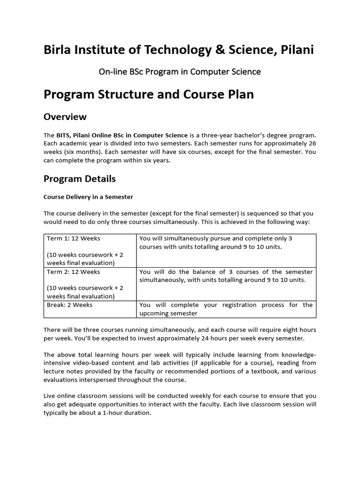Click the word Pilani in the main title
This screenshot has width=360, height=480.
(x=296, y=50)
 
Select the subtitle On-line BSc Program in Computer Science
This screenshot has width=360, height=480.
(x=180, y=72)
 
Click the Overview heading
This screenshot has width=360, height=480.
(x=65, y=116)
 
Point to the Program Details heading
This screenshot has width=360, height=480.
(x=79, y=179)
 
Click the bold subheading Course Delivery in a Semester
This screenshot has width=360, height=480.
(x=88, y=197)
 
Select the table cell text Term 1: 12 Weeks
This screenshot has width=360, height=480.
(x=74, y=238)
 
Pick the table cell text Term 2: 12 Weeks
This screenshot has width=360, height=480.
(x=74, y=271)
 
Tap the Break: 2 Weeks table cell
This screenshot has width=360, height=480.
(x=70, y=305)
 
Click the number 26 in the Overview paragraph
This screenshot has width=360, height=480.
(x=312, y=143)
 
